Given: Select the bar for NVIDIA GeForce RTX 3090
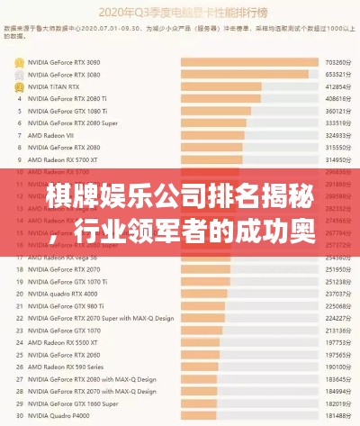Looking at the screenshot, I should (249, 62).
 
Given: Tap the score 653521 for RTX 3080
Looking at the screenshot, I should (337, 75).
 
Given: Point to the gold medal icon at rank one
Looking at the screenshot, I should (19, 62).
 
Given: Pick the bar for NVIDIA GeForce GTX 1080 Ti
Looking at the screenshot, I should (216, 111).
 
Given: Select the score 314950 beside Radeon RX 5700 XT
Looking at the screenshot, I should (337, 159).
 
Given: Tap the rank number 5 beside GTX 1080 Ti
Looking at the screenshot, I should (19, 111).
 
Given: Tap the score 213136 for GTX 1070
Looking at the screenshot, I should (337, 330).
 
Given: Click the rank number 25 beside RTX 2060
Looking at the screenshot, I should (19, 354).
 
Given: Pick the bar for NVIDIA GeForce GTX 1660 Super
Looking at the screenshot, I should (200, 403).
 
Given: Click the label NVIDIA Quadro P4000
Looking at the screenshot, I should (59, 414).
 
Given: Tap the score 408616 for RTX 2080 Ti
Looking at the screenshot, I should (337, 99).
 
